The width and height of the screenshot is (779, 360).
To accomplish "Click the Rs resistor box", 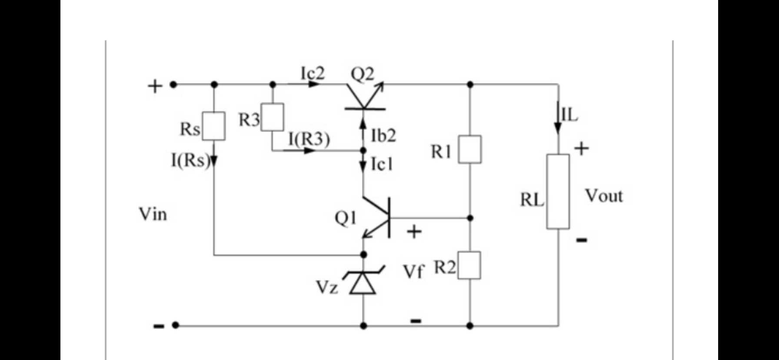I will click(x=213, y=126).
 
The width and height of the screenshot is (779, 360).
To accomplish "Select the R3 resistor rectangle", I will click(x=273, y=117).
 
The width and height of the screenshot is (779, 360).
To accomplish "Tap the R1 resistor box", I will click(x=470, y=149).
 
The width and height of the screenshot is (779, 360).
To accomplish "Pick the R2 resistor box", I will click(x=469, y=265).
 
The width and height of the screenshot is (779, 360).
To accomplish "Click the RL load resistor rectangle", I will click(x=558, y=191).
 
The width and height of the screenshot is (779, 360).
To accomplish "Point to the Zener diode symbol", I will click(x=363, y=283).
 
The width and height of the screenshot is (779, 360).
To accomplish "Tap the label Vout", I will click(x=603, y=196).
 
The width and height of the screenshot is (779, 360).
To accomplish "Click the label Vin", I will click(x=153, y=214).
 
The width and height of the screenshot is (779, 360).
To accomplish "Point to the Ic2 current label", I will click(x=313, y=73).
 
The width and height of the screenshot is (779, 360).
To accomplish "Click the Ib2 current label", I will click(x=383, y=136).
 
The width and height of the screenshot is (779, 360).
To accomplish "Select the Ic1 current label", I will click(x=382, y=164).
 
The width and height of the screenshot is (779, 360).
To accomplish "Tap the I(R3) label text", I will click(x=309, y=140).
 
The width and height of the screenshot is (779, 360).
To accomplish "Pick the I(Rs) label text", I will click(x=190, y=160).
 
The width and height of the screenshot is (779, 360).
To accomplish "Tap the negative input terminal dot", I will click(x=175, y=325).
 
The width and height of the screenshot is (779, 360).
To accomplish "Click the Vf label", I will click(x=413, y=272).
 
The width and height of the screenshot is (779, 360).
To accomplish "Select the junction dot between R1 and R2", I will click(x=470, y=217).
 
